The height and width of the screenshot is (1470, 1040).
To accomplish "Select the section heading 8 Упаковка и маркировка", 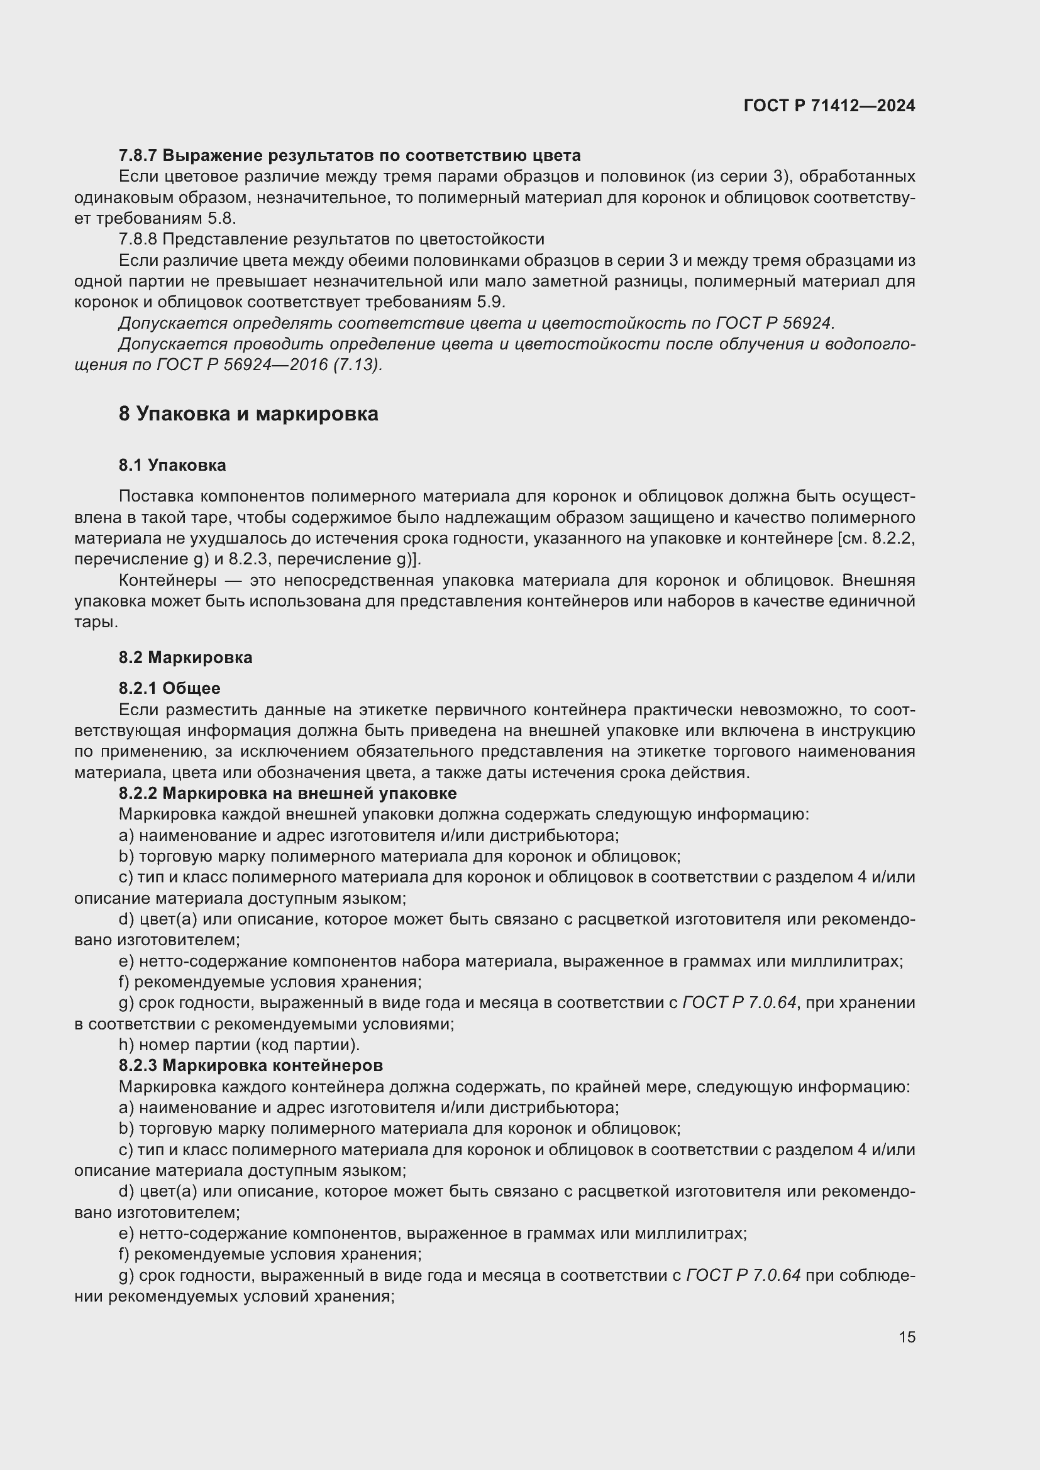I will [248, 414].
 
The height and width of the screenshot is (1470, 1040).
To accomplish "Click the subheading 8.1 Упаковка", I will [172, 466].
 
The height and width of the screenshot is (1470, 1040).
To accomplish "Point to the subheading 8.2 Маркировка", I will [185, 657].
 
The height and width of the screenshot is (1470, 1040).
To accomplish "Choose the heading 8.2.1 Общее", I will [170, 688].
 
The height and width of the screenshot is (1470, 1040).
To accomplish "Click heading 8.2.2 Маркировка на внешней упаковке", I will [287, 793].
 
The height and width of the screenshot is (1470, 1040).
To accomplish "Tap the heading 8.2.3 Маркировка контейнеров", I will [251, 1065].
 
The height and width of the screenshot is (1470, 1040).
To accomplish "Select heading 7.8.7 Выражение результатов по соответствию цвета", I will [350, 156].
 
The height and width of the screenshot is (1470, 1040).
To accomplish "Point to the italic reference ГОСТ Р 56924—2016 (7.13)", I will [269, 365].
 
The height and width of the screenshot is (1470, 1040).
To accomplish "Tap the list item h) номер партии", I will [240, 1045].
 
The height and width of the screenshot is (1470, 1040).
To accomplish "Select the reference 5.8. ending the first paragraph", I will [221, 218].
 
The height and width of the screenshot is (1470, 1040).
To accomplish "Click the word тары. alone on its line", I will [96, 622].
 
